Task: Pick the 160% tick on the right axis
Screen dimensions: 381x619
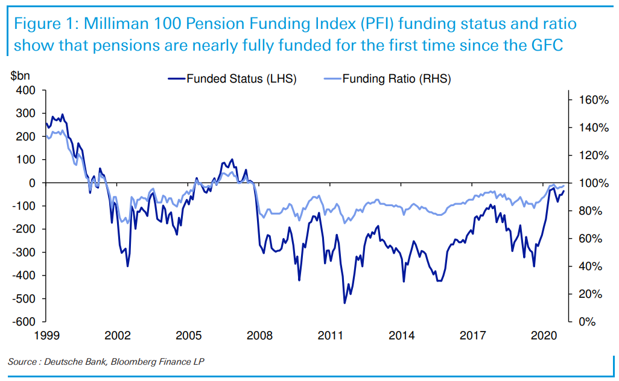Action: click(x=594, y=100)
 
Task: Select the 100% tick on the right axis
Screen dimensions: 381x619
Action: click(x=594, y=183)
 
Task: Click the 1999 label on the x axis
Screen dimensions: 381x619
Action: click(x=46, y=335)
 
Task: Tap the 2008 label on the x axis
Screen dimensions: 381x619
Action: click(x=260, y=335)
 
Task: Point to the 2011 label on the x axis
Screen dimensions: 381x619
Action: click(x=331, y=335)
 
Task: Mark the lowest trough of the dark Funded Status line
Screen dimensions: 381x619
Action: click(x=344, y=303)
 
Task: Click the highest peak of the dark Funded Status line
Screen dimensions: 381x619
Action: click(x=62, y=114)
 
